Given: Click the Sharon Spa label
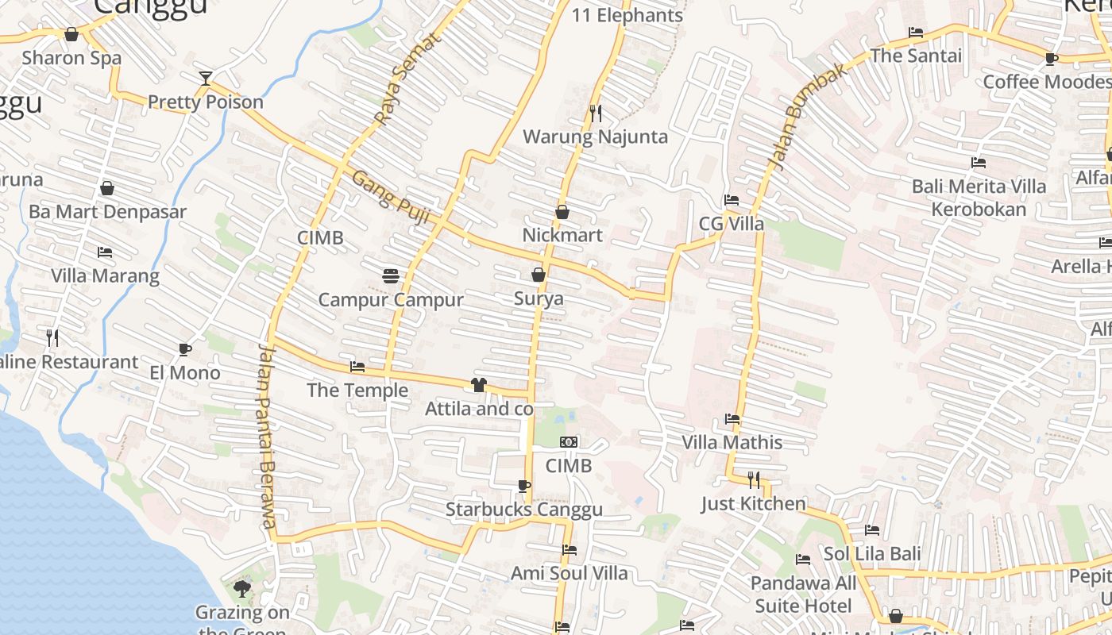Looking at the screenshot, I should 71,58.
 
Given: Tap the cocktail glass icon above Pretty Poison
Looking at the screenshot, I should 206,78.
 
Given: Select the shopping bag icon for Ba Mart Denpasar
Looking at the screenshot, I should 107,188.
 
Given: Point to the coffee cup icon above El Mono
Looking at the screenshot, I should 184,349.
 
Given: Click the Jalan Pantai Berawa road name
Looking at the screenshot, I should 268,436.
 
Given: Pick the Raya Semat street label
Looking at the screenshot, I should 407,80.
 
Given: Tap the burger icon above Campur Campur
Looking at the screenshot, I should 390,275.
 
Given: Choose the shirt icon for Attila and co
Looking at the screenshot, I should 478,385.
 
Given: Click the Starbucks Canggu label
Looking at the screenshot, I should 523,510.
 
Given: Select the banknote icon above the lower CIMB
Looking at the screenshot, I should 569,442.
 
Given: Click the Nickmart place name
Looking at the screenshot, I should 562,236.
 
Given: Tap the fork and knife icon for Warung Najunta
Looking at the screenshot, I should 595,113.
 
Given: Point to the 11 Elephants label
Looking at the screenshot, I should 627,15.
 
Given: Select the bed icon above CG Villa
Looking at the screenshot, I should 732,200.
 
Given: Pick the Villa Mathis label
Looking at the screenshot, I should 732,443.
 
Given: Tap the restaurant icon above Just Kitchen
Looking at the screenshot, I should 753,479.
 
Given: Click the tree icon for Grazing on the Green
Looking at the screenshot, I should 242,589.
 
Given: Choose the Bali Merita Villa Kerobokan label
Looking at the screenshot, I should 979,198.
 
